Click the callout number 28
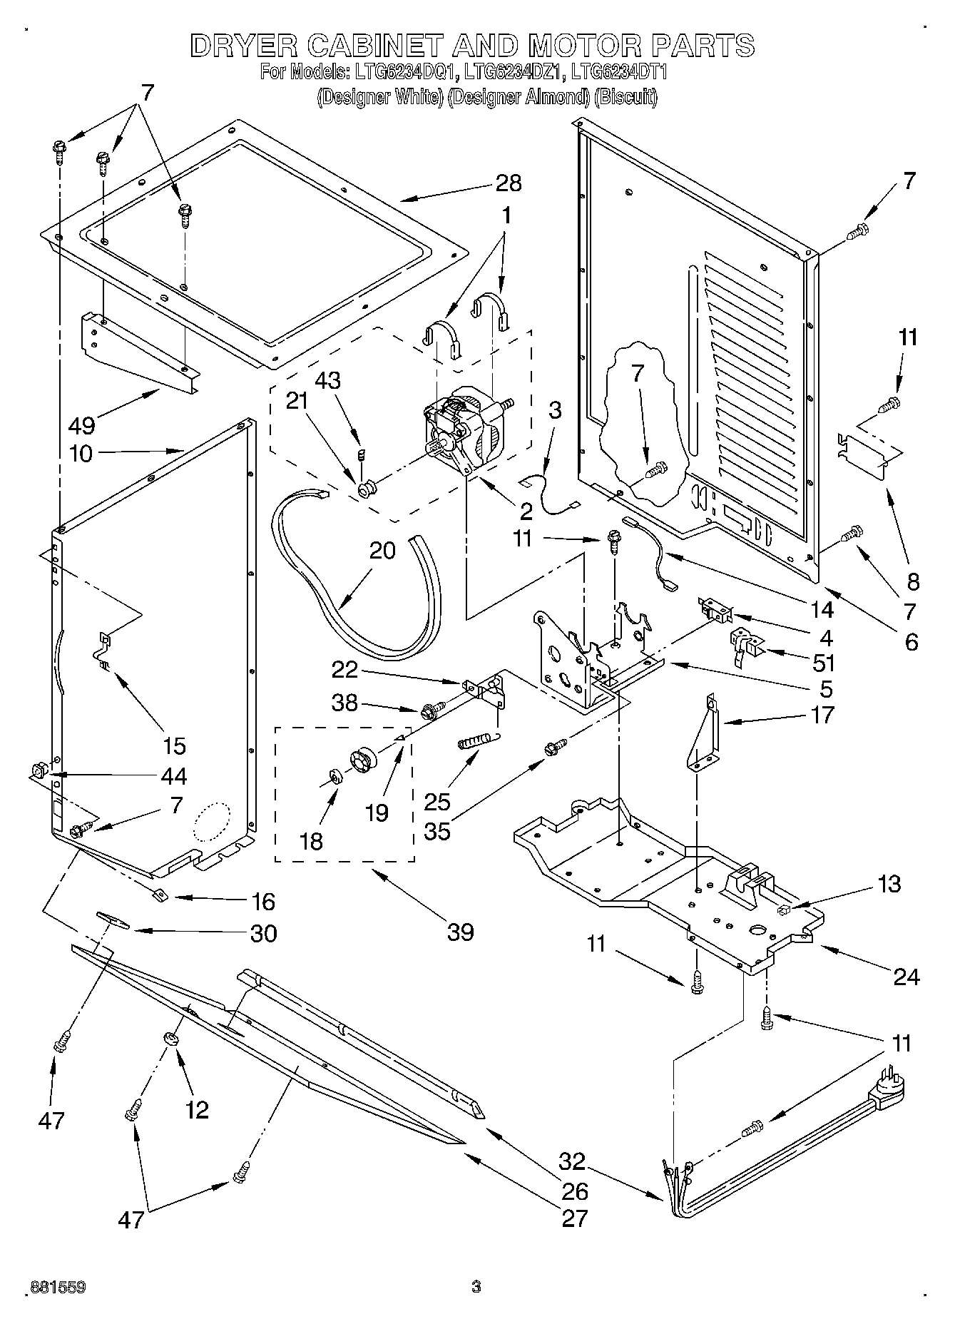pos(509,183)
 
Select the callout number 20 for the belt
pos(382,551)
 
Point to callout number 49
pos(81,426)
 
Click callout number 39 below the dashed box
pos(460,932)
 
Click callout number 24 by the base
pos(906,977)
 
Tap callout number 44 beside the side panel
pos(174,775)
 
